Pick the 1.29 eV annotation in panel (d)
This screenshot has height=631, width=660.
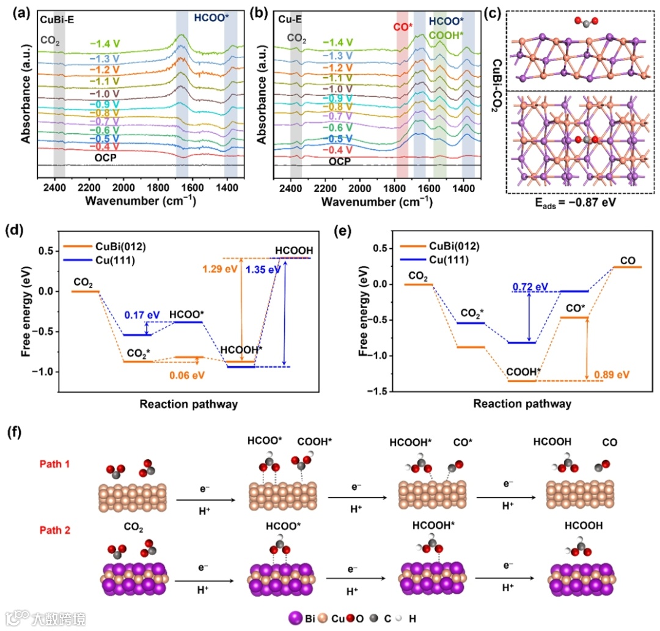[x=219, y=267]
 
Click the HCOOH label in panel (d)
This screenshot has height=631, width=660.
[x=293, y=250]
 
